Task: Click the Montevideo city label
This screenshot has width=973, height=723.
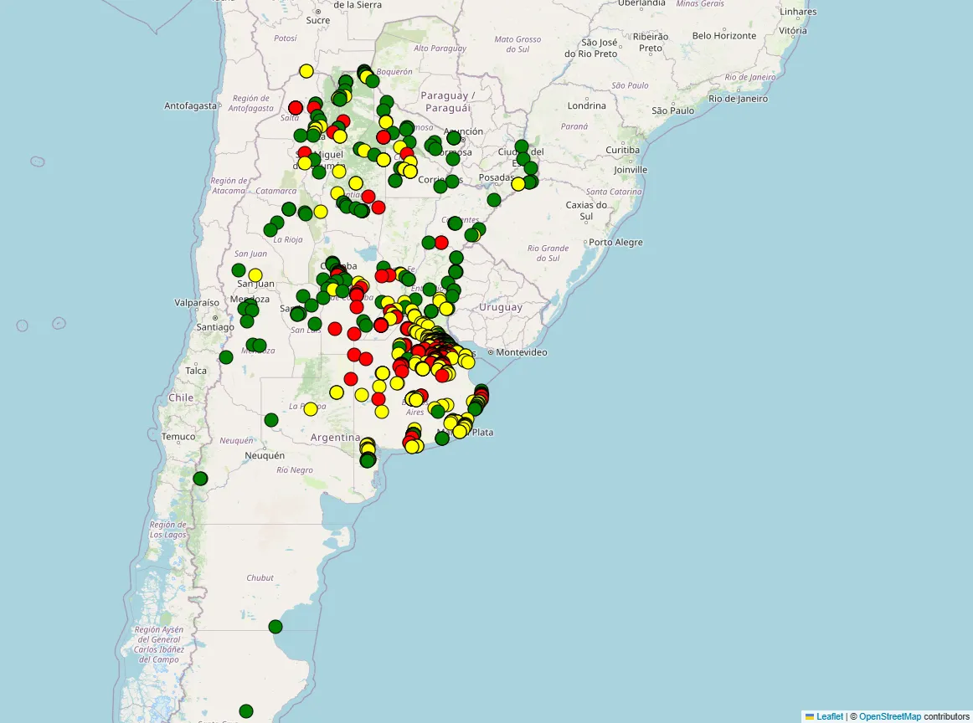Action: (x=522, y=352)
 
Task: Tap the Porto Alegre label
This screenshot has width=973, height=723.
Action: (x=615, y=243)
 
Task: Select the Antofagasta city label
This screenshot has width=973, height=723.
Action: (x=190, y=106)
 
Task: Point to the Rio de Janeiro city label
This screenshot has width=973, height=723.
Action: (x=738, y=99)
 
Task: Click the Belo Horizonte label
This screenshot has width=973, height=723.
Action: (x=724, y=36)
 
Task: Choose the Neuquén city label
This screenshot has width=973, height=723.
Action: (x=265, y=456)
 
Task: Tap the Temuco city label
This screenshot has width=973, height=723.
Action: (x=178, y=437)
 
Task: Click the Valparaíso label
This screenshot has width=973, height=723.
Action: (x=197, y=302)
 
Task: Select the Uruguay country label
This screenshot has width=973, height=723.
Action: (x=501, y=307)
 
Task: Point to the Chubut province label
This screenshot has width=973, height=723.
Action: (x=260, y=577)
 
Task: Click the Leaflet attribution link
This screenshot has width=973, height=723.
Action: (x=830, y=716)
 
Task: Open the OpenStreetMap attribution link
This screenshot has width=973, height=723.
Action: (x=889, y=716)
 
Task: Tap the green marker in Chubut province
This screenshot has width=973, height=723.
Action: (x=275, y=627)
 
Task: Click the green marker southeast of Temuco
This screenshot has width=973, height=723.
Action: (x=200, y=479)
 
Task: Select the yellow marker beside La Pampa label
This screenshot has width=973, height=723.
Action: (x=311, y=409)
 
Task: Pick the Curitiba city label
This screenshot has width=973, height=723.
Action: (x=622, y=150)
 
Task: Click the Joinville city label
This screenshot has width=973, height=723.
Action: (x=631, y=170)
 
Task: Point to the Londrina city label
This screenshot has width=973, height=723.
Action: (x=586, y=106)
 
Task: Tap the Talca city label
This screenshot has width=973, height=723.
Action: (x=196, y=371)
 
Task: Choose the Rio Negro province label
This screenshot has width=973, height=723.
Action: (x=295, y=470)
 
